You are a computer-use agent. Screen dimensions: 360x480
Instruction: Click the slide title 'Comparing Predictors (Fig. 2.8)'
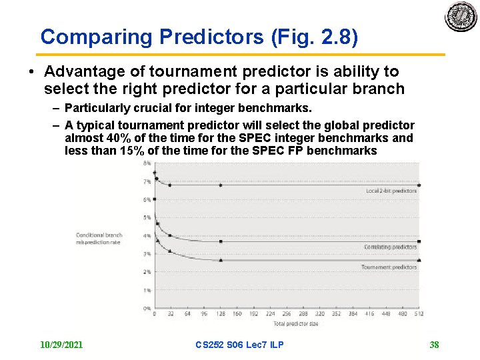(x=199, y=37)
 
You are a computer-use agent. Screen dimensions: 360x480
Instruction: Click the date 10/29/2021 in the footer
(x=61, y=345)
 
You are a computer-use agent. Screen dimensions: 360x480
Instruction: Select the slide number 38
(x=434, y=345)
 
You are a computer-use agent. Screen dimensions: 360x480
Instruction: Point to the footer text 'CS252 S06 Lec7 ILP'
(x=239, y=345)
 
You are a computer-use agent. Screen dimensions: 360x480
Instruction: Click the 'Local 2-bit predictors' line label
(x=391, y=191)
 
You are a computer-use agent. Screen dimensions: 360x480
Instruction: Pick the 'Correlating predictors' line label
(x=390, y=247)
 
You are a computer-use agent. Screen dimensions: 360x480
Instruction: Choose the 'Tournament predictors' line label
(x=389, y=267)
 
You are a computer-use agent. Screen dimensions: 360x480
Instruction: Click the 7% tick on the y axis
(x=146, y=182)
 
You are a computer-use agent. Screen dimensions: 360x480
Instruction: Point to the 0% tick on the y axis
(x=146, y=309)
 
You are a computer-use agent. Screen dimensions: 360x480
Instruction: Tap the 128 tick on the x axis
(x=220, y=314)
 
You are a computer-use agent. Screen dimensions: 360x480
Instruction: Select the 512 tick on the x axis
(x=419, y=314)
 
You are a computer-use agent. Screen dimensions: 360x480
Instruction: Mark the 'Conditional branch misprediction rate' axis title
(x=99, y=239)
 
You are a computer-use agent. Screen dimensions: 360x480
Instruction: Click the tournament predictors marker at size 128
(x=221, y=260)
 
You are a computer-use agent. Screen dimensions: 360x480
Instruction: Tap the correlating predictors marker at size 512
(x=419, y=241)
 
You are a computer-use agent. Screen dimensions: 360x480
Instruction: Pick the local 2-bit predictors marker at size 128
(x=221, y=185)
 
